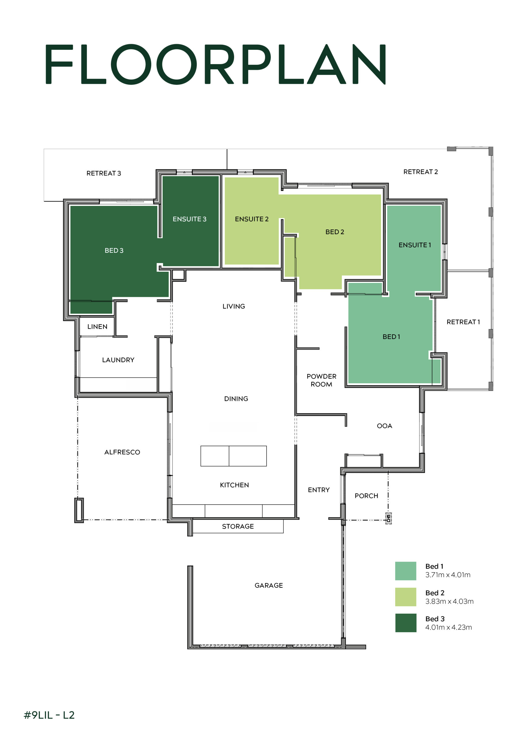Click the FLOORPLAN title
pos(216,64)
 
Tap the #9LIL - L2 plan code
pos(49,715)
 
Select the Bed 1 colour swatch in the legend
pos(406,571)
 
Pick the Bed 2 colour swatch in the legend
pos(406,597)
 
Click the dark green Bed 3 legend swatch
pos(406,623)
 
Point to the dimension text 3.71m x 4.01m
pos(448,575)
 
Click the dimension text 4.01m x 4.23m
pos(448,627)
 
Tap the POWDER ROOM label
pos(321,380)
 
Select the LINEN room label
pos(97,326)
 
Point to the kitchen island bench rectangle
pos(234,456)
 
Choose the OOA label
pos(384,426)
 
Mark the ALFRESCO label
pos(122,452)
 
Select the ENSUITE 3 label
pos(190,219)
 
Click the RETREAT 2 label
pos(420,172)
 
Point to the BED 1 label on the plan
pos(391,337)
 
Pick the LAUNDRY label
pos(118,360)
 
